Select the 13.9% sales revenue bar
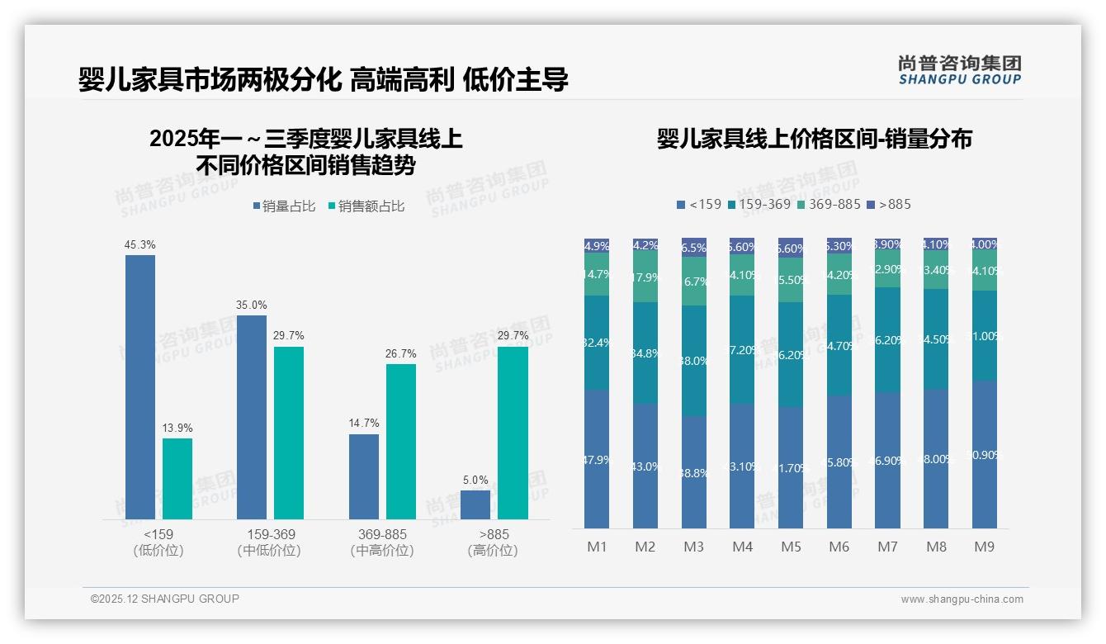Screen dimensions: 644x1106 coord(177,478)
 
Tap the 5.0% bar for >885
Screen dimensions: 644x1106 coord(475,504)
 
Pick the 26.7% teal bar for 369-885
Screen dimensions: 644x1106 coord(401,441)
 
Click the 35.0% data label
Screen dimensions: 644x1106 coord(252,305)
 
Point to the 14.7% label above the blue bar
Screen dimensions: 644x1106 coord(364,424)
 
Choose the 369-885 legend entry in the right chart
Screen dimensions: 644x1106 coord(829,204)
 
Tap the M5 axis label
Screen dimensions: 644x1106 coord(791,547)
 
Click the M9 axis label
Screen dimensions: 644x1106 coord(985,547)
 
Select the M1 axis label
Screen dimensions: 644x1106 coord(597,547)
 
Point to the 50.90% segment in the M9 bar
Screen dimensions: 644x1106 coord(985,454)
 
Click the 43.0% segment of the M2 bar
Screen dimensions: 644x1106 coord(645,466)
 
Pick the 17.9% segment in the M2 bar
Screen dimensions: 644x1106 coord(645,277)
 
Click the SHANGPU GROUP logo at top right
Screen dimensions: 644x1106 coord(960,70)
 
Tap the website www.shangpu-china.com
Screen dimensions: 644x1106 coord(962,599)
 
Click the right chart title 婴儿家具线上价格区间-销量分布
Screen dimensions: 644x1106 coord(814,139)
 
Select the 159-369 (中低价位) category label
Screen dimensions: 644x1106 coord(268,542)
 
